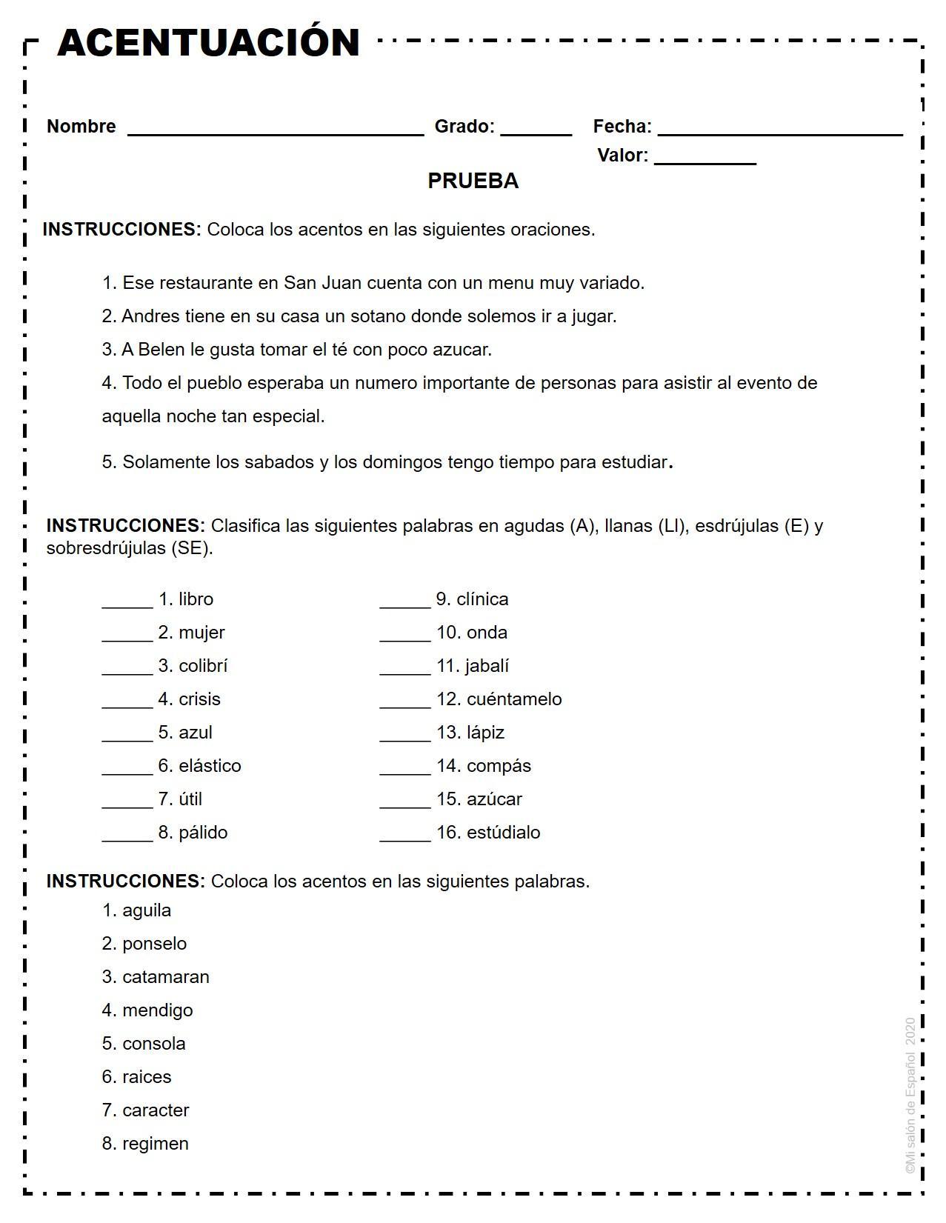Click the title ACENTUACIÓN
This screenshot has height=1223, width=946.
208,42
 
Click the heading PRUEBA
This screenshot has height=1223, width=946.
473,181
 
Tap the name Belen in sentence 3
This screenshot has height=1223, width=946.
162,350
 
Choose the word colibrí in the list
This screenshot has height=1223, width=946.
203,666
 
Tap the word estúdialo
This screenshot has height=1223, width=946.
503,833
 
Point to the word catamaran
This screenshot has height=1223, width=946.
166,977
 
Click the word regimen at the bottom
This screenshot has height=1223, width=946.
156,1144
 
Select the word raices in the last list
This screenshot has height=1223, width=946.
147,1077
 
